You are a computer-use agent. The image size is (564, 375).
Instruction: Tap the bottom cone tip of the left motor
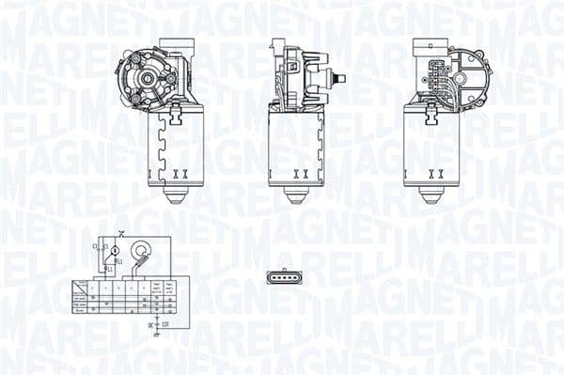pyautogui.click(x=176, y=198)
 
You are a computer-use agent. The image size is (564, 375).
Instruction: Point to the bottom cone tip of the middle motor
pyautogui.click(x=296, y=198)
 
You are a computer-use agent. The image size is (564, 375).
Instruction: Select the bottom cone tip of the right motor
pyautogui.click(x=431, y=198)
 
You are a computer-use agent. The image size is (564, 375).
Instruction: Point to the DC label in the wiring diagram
pyautogui.click(x=150, y=324)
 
